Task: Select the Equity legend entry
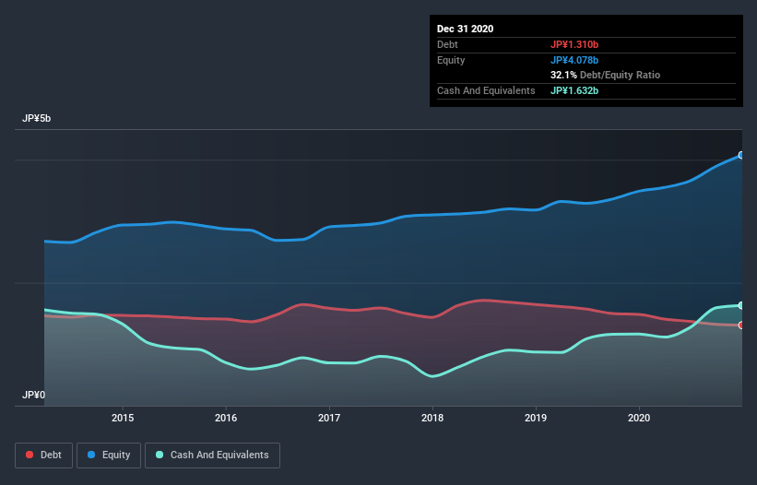click(109, 455)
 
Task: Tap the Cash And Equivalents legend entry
click(212, 455)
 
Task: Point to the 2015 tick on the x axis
click(123, 418)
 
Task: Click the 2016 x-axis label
click(226, 418)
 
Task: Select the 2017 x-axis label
click(329, 418)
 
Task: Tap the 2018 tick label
click(432, 418)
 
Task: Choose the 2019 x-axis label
click(536, 418)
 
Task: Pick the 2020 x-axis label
click(639, 418)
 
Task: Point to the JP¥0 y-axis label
click(34, 395)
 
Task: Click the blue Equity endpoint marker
click(740, 155)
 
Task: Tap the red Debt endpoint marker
click(740, 325)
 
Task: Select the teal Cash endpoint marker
click(740, 305)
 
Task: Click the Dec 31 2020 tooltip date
click(465, 29)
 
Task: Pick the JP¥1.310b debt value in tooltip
click(574, 44)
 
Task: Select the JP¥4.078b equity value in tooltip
click(574, 60)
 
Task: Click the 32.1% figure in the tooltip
click(563, 75)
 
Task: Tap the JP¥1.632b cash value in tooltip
click(574, 90)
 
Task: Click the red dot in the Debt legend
click(30, 455)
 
